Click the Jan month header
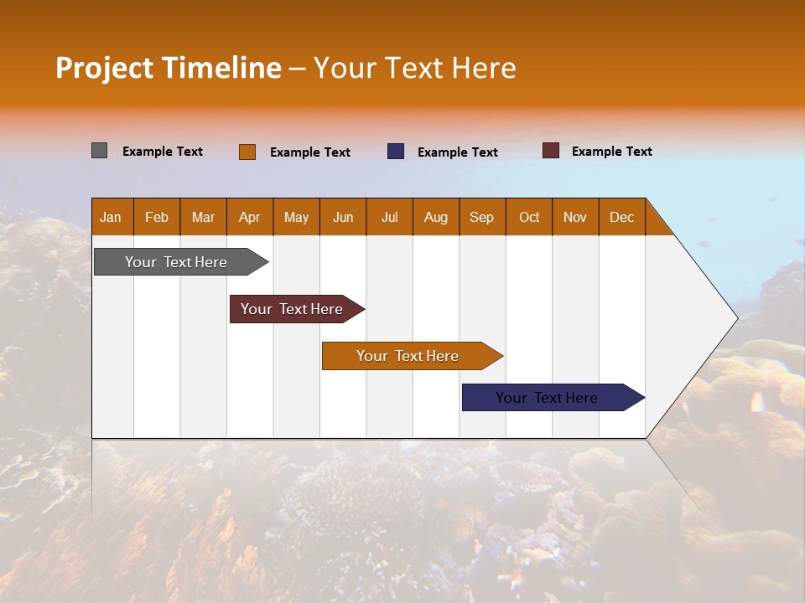coord(112,217)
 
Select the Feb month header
coord(157,217)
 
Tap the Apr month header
coord(250,217)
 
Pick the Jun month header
coord(343,217)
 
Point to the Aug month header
coord(436,217)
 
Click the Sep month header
coord(482,217)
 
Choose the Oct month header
coord(529,217)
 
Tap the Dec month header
coord(622,217)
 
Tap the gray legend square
coord(99,151)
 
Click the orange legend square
coord(247,152)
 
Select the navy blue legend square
coord(396,152)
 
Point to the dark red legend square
coord(550,151)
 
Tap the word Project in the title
coord(104,68)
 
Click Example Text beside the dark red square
coord(611,152)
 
